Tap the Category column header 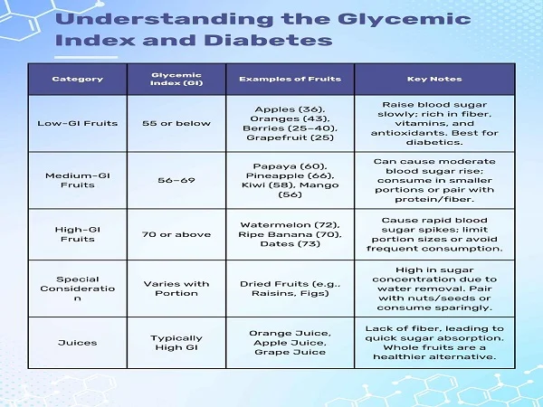77,79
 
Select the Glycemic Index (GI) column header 176,79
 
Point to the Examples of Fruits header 290,79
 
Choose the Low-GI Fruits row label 77,123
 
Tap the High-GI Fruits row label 77,234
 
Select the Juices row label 77,343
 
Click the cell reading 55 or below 176,123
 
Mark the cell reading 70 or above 176,234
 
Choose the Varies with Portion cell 176,289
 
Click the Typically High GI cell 176,343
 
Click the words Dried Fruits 269,283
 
